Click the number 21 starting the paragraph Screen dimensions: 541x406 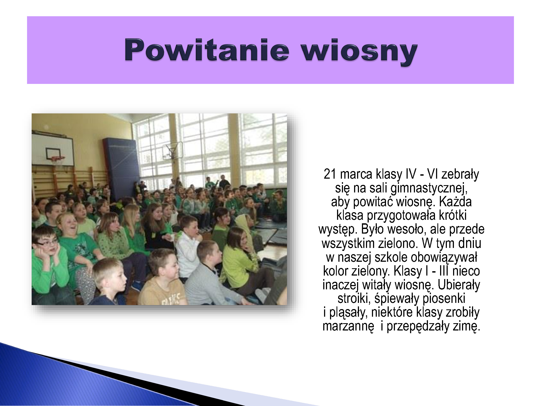tap(330, 174)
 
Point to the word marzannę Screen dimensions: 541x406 tap(348, 326)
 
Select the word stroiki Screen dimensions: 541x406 tap(354, 299)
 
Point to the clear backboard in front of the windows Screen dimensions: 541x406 tap(173, 151)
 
